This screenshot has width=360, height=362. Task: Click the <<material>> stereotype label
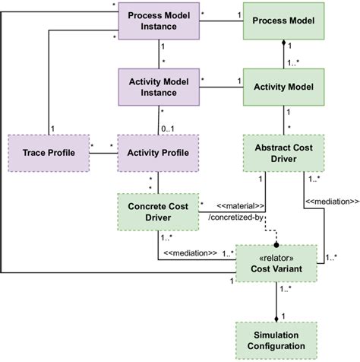(x=241, y=205)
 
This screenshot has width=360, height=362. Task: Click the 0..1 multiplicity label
(x=169, y=127)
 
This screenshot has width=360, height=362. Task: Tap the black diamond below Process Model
(x=286, y=45)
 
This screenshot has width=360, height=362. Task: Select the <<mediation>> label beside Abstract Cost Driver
(x=331, y=202)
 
